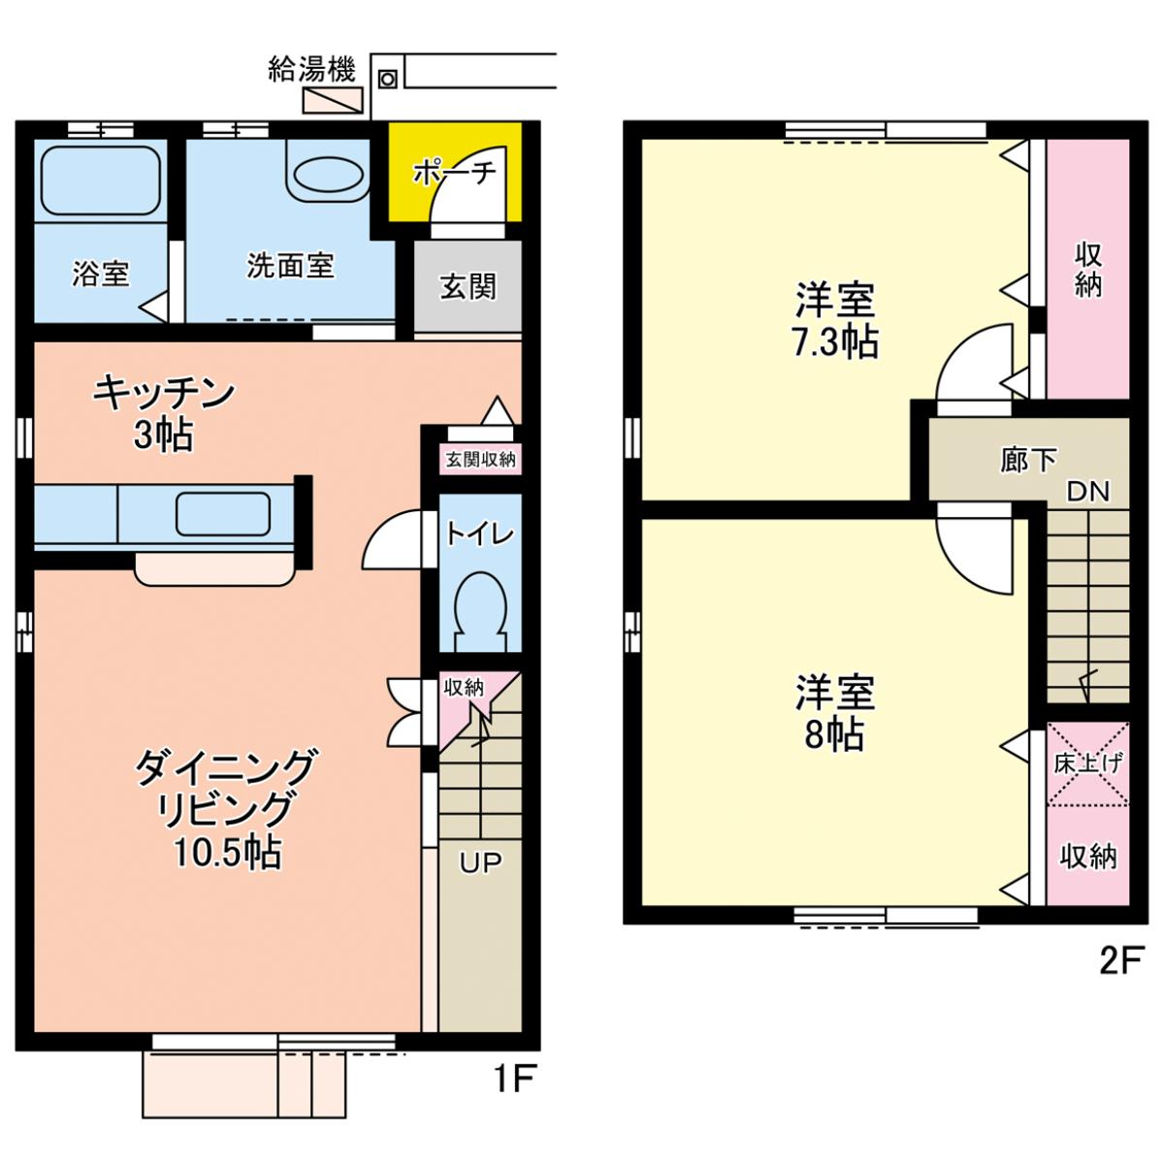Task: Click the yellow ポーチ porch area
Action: click(454, 172)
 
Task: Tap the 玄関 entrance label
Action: click(468, 286)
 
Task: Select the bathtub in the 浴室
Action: click(100, 180)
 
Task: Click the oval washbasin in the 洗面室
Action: click(329, 174)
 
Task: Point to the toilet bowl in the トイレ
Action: click(480, 610)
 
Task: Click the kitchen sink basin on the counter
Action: click(223, 514)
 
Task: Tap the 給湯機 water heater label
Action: click(311, 70)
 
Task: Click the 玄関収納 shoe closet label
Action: click(481, 460)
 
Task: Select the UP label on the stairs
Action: click(480, 862)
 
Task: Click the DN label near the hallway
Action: click(1088, 492)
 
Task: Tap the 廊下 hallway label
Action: click(1028, 462)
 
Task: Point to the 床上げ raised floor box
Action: click(1087, 763)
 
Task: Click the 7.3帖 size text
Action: click(835, 342)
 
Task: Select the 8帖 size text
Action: click(835, 734)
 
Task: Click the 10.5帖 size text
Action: click(228, 854)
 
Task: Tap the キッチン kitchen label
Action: click(163, 392)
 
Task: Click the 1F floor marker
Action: click(515, 1079)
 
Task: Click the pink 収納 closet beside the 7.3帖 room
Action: click(1087, 269)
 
